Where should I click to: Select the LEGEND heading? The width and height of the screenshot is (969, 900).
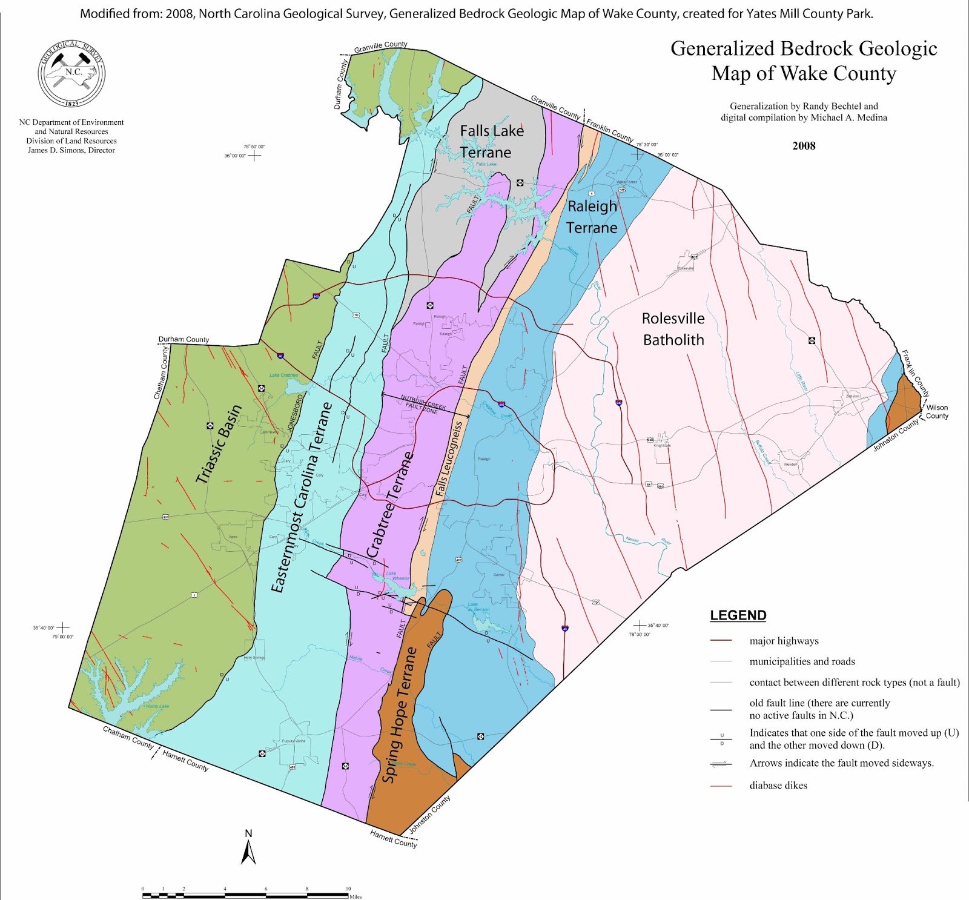tap(738, 615)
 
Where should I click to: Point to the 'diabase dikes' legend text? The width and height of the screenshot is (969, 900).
tap(778, 786)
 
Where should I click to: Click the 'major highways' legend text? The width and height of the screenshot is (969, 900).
tap(784, 641)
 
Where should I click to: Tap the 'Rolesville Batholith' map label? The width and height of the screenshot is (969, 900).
tap(673, 329)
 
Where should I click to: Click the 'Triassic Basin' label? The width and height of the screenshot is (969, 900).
tap(219, 444)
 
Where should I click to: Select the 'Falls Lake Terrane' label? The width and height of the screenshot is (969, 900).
tap(491, 142)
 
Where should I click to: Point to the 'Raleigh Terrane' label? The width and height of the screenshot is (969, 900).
tap(592, 217)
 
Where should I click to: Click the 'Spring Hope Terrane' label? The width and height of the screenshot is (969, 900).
tap(400, 715)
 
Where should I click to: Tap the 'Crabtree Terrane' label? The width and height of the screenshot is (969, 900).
tap(390, 505)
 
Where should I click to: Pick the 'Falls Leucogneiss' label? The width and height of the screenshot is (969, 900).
tap(449, 459)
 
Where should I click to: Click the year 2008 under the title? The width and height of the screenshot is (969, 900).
tap(804, 146)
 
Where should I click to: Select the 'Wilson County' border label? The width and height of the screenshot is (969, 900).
tap(936, 412)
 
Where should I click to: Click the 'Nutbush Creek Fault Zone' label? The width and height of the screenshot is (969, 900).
tap(423, 404)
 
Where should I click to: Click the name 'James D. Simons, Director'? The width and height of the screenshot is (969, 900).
tap(71, 150)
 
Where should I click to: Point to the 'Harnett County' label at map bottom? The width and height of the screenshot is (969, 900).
tap(394, 839)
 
